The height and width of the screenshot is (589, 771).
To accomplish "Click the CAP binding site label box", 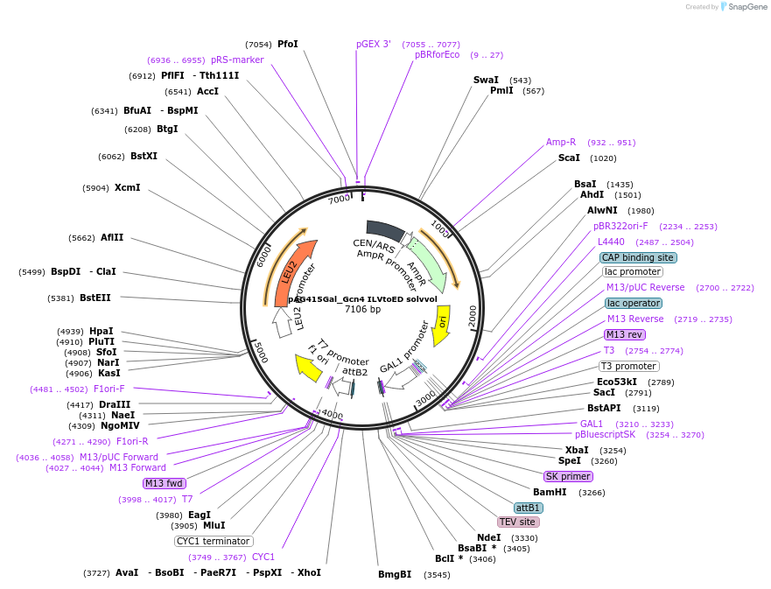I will coord(638,257).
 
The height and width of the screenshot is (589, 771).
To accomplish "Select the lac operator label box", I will coord(633,303).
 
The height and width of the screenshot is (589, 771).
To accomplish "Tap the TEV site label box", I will coord(517,522).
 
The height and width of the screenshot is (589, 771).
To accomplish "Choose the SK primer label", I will coord(568,476).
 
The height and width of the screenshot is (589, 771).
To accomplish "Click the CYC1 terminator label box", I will coord(214,541).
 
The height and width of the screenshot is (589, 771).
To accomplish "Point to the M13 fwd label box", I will coord(165,483).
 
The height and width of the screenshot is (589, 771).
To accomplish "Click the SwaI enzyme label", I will coord(486,80).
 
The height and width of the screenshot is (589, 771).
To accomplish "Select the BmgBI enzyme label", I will coord(395,574).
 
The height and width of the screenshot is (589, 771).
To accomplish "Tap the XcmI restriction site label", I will coord(127,187).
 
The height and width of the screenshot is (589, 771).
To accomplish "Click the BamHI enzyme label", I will coord(550,492).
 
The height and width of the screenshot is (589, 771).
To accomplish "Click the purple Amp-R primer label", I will coord(561,142).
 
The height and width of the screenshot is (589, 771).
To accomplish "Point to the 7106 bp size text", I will coord(362,309).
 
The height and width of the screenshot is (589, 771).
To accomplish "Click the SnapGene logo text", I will coord(743,7).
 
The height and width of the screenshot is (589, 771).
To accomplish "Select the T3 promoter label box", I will coord(628,366).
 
